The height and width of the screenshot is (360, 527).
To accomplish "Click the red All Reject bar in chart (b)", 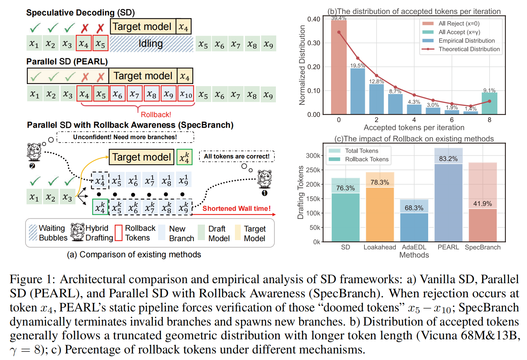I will [339, 67].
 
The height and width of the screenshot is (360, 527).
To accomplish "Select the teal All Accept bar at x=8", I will [489, 103].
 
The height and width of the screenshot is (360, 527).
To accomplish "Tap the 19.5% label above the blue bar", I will [358, 65].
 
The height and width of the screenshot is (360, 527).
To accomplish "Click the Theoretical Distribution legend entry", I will [469, 49].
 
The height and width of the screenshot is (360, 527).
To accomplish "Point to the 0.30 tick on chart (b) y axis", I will [313, 43].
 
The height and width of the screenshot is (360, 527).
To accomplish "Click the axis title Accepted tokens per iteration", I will [414, 127].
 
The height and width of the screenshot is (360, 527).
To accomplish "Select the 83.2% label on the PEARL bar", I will [448, 159].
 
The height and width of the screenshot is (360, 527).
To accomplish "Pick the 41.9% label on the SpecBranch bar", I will [482, 204].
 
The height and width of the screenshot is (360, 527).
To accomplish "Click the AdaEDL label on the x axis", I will [414, 247].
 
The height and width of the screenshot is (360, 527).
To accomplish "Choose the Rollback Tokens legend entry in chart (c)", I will [366, 159].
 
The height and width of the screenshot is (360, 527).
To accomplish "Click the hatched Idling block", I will [151, 44].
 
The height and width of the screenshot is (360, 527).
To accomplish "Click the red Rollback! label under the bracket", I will [156, 115].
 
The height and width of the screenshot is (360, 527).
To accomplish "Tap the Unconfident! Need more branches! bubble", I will [125, 137].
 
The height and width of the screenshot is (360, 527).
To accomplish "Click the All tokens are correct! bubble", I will [237, 156].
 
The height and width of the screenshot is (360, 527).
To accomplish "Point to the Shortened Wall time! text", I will [236, 208].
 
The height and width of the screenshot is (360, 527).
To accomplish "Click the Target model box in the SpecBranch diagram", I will [142, 157].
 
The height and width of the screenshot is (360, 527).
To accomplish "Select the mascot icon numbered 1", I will [265, 179].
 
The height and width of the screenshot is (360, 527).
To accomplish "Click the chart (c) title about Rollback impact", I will [414, 139].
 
